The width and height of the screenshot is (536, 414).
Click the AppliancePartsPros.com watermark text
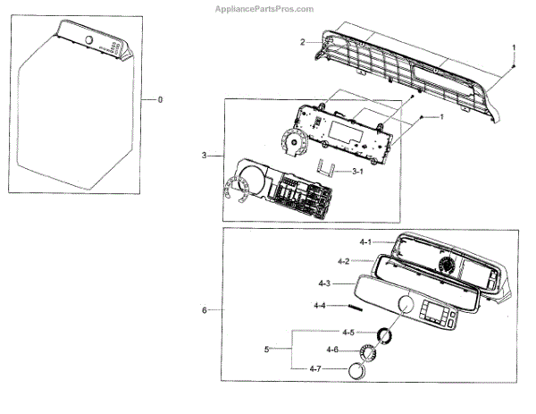(x=264, y=9)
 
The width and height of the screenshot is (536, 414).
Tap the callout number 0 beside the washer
(x=160, y=99)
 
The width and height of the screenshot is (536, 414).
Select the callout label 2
(x=302, y=42)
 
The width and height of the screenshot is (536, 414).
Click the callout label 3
(x=205, y=156)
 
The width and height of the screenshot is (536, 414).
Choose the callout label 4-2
(x=343, y=262)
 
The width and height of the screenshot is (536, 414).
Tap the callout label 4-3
(x=325, y=283)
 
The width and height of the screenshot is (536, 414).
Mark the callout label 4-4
(x=320, y=306)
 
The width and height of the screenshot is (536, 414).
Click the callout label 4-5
(x=333, y=332)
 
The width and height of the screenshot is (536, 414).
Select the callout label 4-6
(x=332, y=350)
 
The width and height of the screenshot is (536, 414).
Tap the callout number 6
(x=205, y=310)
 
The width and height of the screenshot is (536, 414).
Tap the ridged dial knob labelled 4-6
(x=370, y=351)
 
